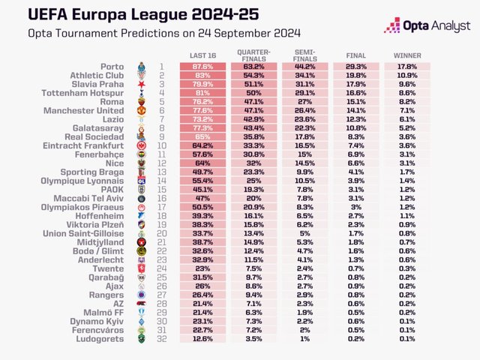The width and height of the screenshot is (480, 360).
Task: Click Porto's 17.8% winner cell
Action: (x=407, y=66)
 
